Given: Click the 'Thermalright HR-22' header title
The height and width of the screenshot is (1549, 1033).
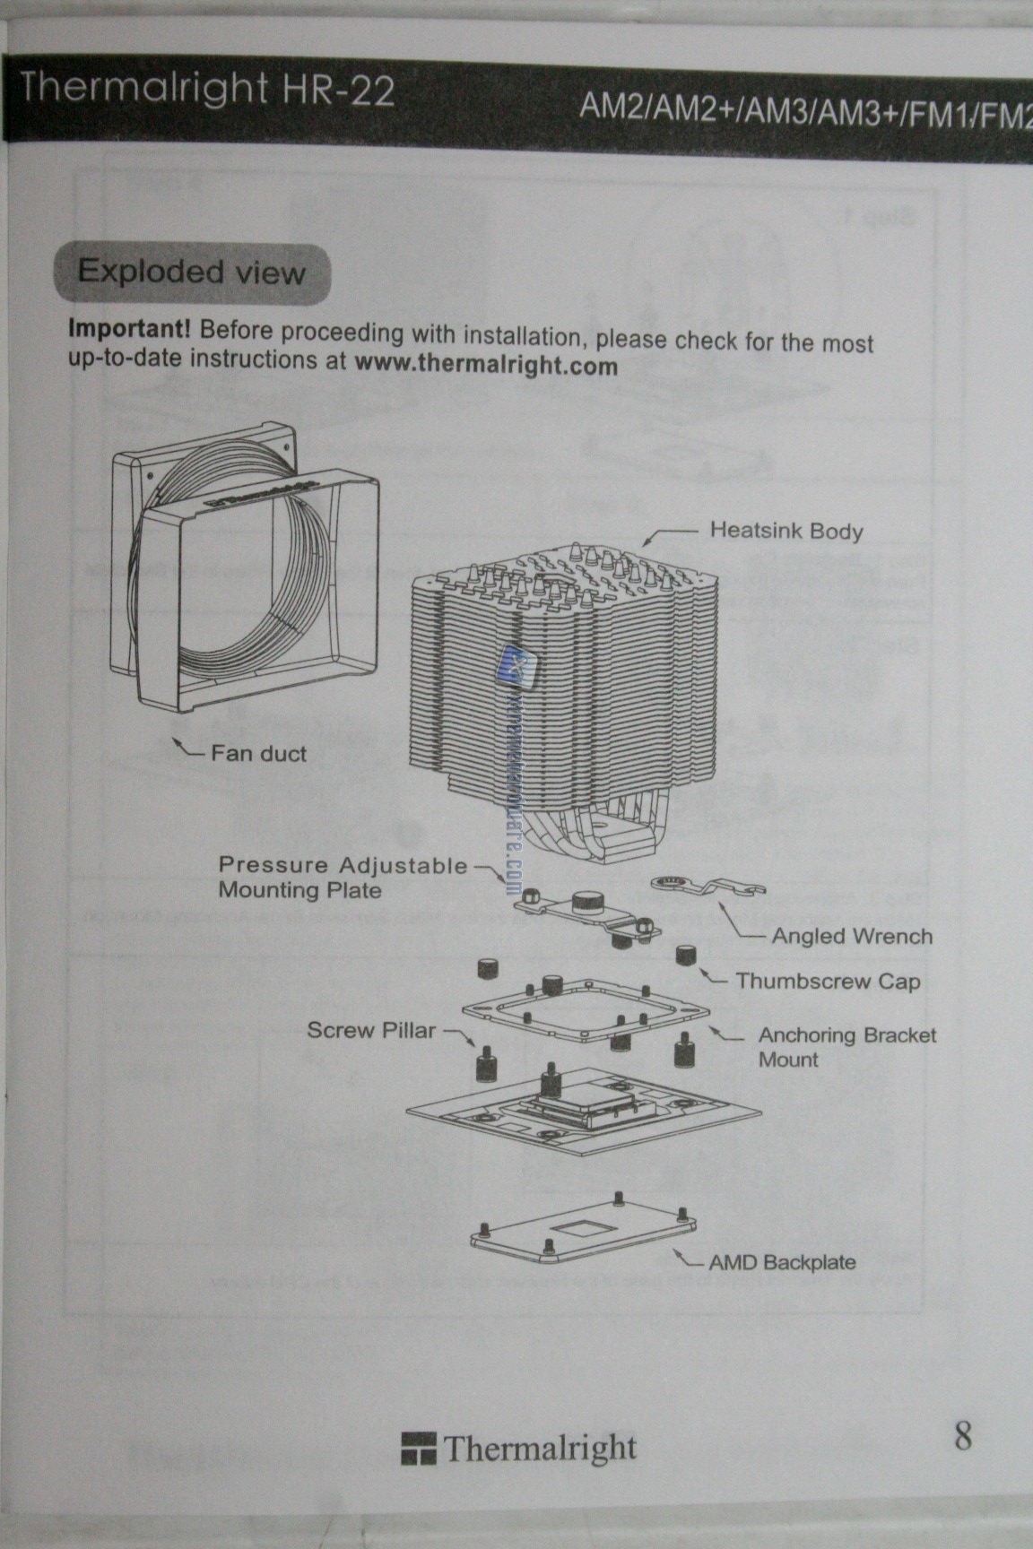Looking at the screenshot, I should (x=207, y=89).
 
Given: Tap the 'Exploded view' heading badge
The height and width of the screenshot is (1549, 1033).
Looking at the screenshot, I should (x=191, y=272).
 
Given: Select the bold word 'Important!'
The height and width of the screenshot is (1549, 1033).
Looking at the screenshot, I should (x=129, y=327).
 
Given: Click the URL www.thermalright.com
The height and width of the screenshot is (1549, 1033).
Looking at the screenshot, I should (x=486, y=365).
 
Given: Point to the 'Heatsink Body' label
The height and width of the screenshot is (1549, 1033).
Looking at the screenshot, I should (x=786, y=530).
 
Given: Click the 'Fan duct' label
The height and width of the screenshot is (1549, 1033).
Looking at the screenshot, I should (x=258, y=753).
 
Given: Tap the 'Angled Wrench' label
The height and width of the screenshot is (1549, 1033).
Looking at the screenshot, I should (x=852, y=936).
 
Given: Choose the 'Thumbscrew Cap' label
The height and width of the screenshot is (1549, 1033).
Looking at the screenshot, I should (x=828, y=981).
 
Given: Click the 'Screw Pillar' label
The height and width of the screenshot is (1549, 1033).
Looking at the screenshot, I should (x=371, y=1030).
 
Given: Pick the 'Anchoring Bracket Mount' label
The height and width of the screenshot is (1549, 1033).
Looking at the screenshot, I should (x=846, y=1047).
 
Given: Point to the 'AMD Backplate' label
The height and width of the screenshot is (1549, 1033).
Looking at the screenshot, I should (x=782, y=1262).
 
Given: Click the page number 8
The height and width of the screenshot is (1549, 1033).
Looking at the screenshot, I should (x=962, y=1436).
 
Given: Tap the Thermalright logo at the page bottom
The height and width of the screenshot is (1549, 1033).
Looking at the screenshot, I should (x=519, y=1448).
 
